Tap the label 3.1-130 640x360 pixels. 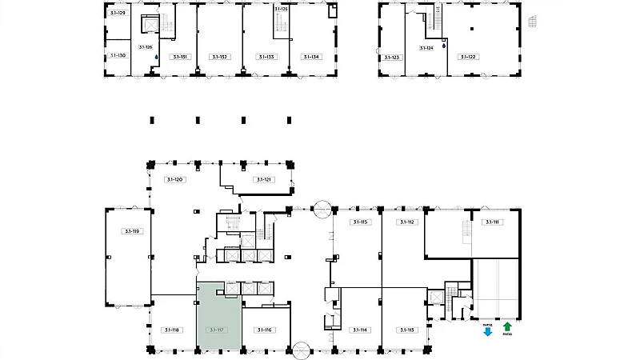click(118, 56)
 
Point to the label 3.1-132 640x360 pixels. click(219, 57)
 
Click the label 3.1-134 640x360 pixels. click(310, 57)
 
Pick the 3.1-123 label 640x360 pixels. click(391, 58)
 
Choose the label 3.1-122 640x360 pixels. click(466, 58)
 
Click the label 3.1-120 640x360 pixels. click(176, 180)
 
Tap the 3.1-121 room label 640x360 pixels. click(264, 180)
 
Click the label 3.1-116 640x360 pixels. click(264, 330)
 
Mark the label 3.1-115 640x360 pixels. click(358, 222)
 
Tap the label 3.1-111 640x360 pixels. click(492, 222)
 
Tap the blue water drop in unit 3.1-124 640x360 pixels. click(443, 46)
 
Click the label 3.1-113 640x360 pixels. click(406, 330)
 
